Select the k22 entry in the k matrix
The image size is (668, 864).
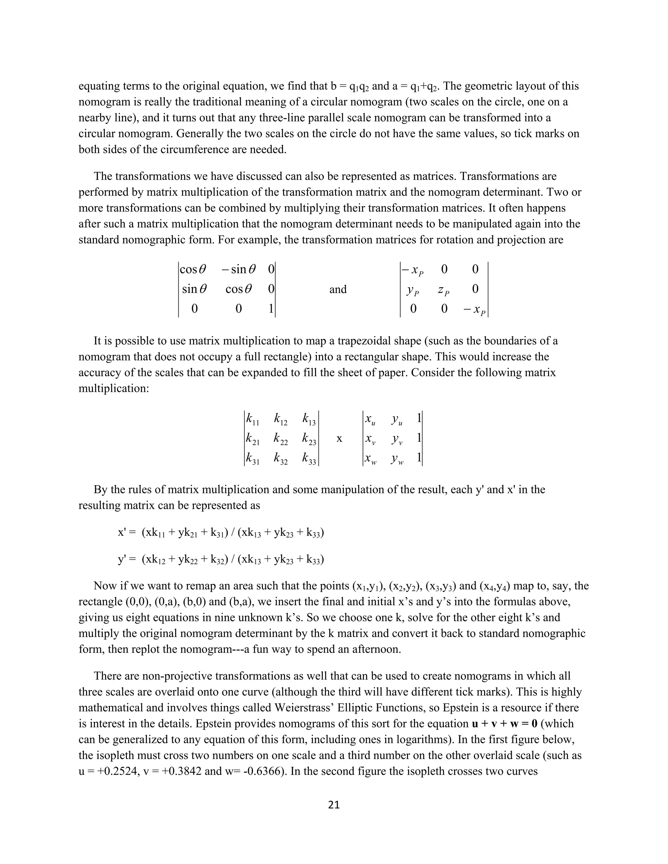pyautogui.click(x=281, y=439)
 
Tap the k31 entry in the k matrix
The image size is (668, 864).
pyautogui.click(x=252, y=459)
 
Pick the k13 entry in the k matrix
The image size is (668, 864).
pyautogui.click(x=309, y=419)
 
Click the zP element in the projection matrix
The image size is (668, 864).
pyautogui.click(x=444, y=290)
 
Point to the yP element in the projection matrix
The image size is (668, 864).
pyautogui.click(x=413, y=290)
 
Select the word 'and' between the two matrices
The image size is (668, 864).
pyautogui.click(x=338, y=290)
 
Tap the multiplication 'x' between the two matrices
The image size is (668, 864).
pyautogui.click(x=339, y=439)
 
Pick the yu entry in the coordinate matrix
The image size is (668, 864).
pyautogui.click(x=397, y=419)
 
